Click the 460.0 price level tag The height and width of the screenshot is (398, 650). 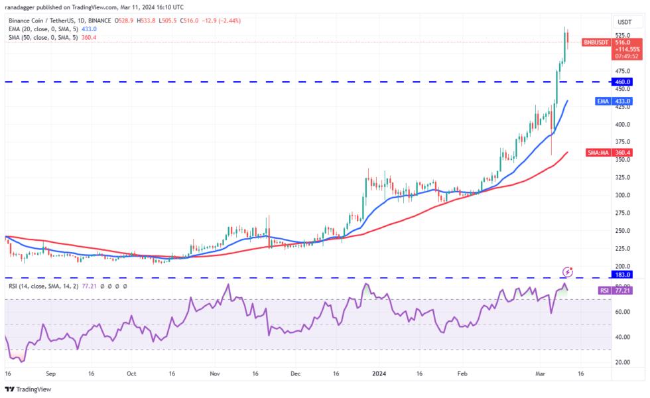click(622, 82)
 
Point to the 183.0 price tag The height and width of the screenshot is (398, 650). click(622, 274)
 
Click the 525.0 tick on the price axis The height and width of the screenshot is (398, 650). click(622, 35)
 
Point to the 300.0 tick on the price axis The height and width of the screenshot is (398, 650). click(622, 195)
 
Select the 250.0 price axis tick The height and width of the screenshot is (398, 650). click(622, 231)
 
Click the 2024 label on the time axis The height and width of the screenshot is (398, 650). click(380, 374)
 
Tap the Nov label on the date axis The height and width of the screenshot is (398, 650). click(214, 374)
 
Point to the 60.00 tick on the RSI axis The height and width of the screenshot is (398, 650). click(622, 312)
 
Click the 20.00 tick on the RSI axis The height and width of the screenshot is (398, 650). click(622, 362)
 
